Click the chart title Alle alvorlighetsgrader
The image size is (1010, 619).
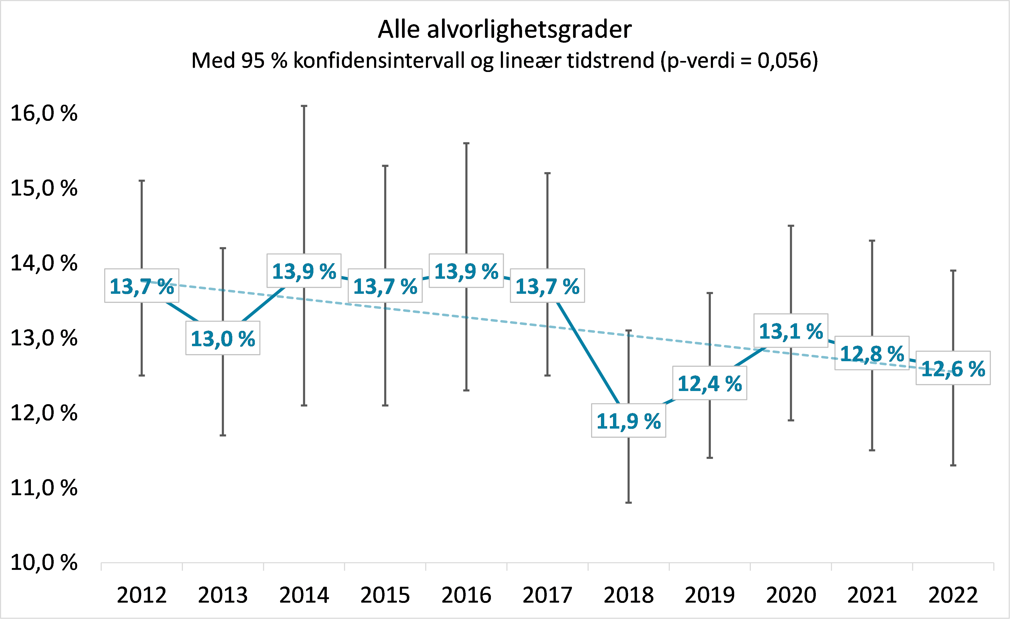tap(505, 30)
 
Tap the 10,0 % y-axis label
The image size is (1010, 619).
tap(44, 562)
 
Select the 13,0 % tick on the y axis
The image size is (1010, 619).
tap(44, 338)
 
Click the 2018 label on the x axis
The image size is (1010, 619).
tap(628, 595)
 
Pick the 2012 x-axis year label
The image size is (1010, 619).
tap(142, 595)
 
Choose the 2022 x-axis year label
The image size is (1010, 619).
tap(953, 595)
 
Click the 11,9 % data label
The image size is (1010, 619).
tap(628, 421)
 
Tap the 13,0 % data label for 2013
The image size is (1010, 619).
tap(223, 339)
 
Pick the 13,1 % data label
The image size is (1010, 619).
tap(791, 331)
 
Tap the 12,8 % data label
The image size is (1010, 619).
tap(872, 353)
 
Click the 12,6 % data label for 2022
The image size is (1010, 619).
tap(953, 368)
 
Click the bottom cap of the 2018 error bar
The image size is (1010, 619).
tap(628, 502)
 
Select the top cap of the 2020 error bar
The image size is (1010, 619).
tap(791, 226)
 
